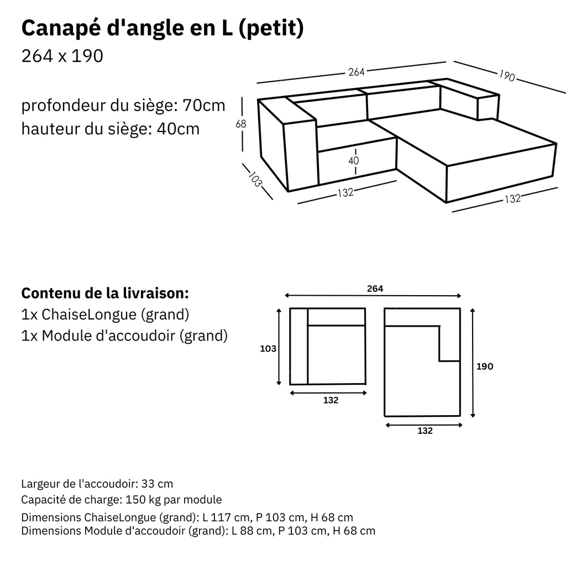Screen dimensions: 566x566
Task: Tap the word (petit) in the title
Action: tap(271, 29)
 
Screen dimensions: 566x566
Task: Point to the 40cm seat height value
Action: tap(178, 129)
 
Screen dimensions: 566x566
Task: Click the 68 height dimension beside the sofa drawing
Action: tap(241, 124)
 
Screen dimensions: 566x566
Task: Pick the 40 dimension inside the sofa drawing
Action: tap(354, 161)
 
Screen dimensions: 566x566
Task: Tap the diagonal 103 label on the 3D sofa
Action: tap(255, 180)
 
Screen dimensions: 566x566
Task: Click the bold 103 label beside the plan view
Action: tap(268, 349)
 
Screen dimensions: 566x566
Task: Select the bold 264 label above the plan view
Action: tap(375, 289)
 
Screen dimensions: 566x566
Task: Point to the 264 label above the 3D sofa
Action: tap(357, 72)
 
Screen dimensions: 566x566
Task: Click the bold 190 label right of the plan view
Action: tap(484, 366)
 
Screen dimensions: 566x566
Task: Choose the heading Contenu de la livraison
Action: tap(105, 292)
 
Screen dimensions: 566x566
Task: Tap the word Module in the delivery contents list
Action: tap(65, 335)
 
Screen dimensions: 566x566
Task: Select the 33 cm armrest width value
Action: tap(157, 484)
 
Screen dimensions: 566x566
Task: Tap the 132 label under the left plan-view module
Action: tap(331, 400)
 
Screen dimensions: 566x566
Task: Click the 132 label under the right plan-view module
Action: tap(424, 431)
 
